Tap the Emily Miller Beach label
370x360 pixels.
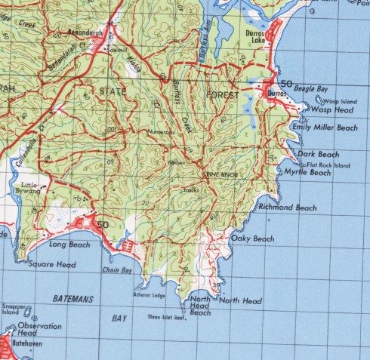[325, 128]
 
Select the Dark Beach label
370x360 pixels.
[317, 154]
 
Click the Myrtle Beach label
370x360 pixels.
[308, 173]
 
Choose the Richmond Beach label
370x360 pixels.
[287, 207]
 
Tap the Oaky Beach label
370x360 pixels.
[253, 238]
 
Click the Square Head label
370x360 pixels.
[52, 265]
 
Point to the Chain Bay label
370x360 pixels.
[116, 269]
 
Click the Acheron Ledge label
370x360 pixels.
[150, 295]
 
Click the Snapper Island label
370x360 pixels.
[14, 309]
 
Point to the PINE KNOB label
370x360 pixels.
[223, 174]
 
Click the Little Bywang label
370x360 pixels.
[30, 188]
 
